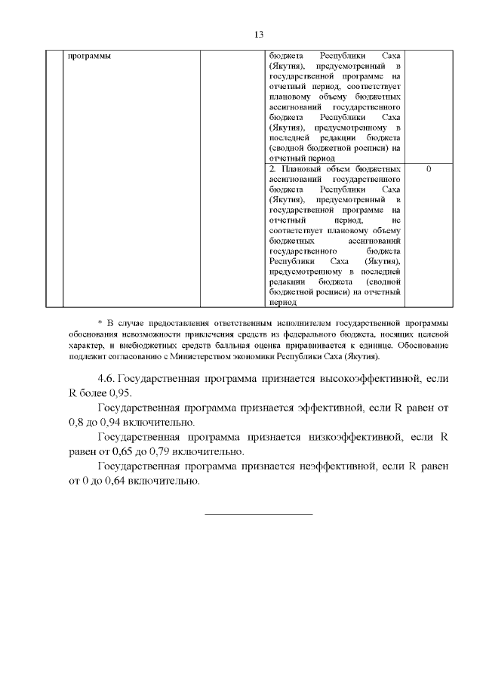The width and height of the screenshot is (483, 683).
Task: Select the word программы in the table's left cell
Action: click(87, 57)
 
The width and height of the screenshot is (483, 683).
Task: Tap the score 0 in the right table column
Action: click(429, 169)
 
